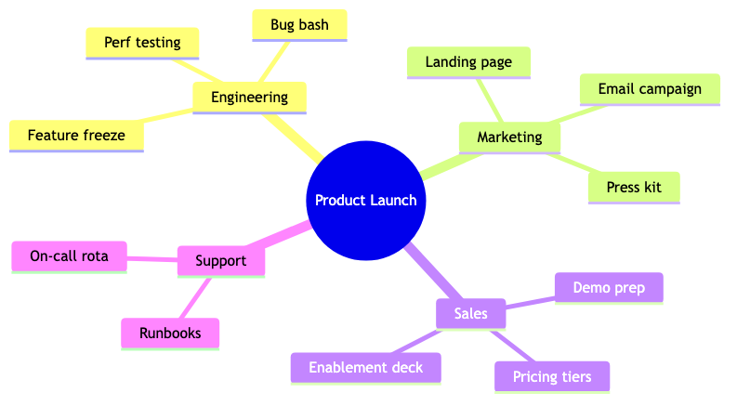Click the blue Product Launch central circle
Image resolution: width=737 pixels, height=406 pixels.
(365, 200)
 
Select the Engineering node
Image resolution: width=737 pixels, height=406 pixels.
(250, 98)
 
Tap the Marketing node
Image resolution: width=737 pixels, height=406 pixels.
(509, 138)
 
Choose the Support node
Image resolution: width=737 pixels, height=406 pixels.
(221, 261)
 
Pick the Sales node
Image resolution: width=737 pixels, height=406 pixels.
(471, 314)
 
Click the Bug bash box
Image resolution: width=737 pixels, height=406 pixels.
(299, 25)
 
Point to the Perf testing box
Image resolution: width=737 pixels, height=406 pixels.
(142, 44)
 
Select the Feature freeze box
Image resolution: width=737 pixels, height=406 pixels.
(76, 136)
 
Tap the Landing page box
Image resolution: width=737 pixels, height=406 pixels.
(468, 62)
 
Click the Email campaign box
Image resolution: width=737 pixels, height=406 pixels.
(650, 89)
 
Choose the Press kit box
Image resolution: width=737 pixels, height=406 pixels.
(634, 188)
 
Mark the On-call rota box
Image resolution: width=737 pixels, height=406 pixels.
(69, 256)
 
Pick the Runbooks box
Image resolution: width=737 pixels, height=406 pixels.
(170, 334)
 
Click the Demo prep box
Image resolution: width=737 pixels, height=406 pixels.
(609, 288)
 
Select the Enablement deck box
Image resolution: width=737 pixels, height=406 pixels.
(365, 368)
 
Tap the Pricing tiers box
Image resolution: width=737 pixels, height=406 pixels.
(552, 377)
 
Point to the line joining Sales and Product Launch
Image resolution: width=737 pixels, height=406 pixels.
(433, 271)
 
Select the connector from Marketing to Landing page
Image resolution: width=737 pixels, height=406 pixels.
(489, 100)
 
